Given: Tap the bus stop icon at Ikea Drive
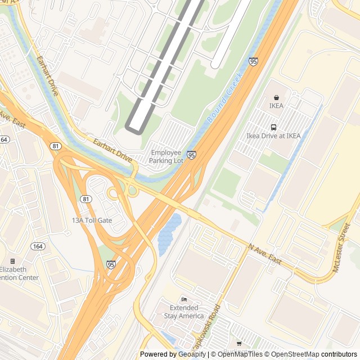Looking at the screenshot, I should [273, 127].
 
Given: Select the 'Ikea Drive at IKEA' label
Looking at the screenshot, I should [273, 136].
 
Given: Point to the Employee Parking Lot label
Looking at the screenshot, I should [166, 156].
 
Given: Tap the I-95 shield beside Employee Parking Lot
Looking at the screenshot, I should [192, 155].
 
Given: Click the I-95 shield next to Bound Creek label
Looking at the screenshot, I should [253, 61].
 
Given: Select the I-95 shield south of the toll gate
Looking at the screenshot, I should [110, 264].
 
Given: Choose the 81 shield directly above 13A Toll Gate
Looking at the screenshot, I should [85, 199].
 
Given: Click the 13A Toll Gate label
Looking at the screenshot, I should [92, 220].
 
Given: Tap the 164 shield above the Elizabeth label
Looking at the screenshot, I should [38, 246].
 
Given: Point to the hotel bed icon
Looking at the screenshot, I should [183, 299].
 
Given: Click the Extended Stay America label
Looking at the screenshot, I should [183, 312].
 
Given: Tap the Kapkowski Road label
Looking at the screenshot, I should [206, 329].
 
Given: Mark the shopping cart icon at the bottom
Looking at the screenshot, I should [239, 343].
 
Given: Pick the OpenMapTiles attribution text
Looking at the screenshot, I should [236, 354].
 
